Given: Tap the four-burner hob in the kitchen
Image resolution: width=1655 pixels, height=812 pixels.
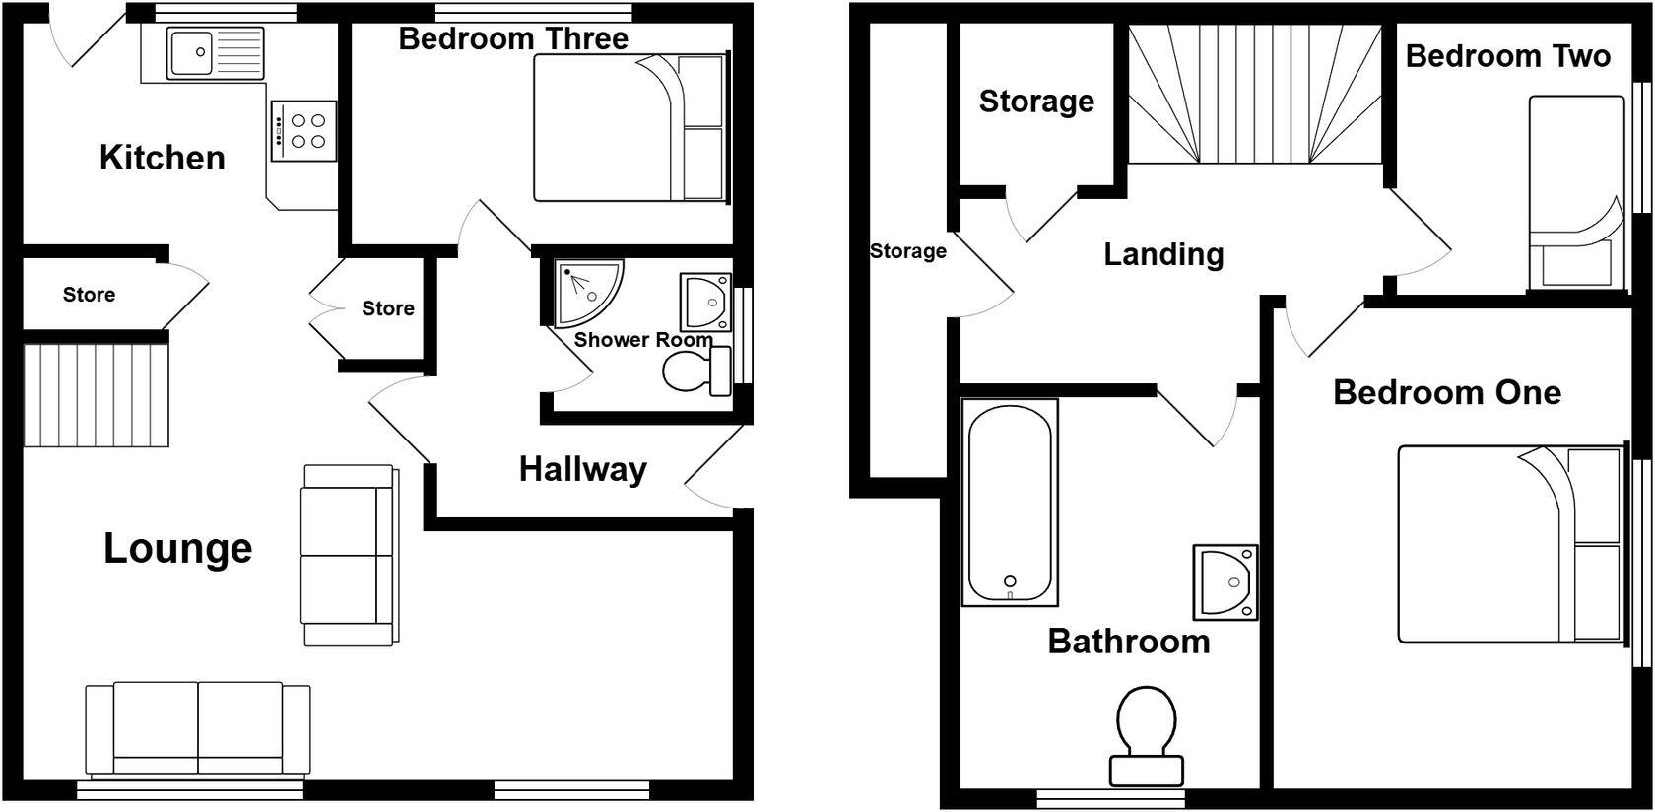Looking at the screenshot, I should [303, 131].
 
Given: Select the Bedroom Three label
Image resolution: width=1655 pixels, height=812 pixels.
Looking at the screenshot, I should [513, 39].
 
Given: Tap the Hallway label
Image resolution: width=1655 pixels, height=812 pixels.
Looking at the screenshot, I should [582, 469].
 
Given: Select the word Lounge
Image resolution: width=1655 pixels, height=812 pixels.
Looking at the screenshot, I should [178, 548].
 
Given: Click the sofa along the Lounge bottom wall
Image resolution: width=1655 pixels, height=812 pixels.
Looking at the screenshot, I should [198, 729].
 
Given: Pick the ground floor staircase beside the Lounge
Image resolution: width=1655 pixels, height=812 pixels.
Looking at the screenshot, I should [97, 394].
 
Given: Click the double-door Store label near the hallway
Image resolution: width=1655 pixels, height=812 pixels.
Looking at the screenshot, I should [387, 308].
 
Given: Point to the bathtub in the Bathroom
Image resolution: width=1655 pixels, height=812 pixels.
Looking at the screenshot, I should [1010, 503].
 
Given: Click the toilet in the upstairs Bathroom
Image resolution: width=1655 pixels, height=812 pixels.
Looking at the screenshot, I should [1146, 734].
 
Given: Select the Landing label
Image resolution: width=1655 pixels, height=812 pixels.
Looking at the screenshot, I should [1163, 254].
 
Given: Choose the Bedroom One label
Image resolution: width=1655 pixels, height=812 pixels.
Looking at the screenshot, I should [1446, 392].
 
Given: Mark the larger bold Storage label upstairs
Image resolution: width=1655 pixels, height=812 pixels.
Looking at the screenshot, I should [1036, 101].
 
